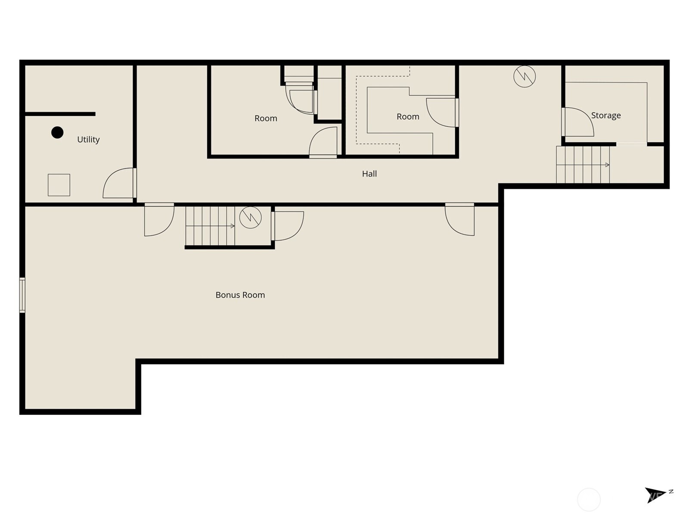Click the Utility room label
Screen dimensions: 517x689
pos(88,140)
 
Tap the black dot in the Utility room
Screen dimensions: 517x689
pos(57,132)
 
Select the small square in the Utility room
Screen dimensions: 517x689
pos(59,185)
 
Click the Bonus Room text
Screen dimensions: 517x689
pos(240,295)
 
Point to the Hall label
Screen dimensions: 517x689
pos(369,174)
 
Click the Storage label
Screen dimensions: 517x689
pos(606,115)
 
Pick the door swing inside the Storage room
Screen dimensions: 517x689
pos(578,122)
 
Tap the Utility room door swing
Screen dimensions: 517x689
pos(118,183)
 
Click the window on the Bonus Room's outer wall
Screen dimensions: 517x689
pos(22,295)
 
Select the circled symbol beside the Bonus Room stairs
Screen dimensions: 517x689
pos(250,217)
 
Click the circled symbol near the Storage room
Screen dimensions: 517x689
pos(525,77)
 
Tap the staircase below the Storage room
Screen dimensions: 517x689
pos(583,165)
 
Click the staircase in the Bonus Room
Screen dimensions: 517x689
pos(210,226)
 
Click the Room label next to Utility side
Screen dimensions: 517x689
pos(266,118)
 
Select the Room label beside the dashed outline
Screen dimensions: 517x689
pos(408,117)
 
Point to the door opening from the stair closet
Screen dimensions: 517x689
pos(288,225)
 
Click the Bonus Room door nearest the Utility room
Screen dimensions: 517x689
pos(158,220)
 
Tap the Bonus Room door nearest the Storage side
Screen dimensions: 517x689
pos(460,219)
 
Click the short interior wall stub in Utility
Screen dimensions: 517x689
pos(60,114)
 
